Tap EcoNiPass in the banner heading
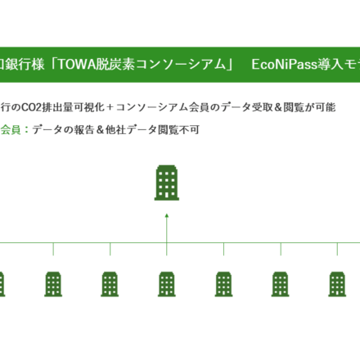281,65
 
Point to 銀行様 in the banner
25,65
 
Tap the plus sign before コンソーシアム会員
110,107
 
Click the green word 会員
11,129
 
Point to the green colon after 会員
26,130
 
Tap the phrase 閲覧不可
178,129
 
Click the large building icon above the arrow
167,182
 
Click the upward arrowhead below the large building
167,216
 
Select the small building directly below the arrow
167,284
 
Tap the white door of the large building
167,195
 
